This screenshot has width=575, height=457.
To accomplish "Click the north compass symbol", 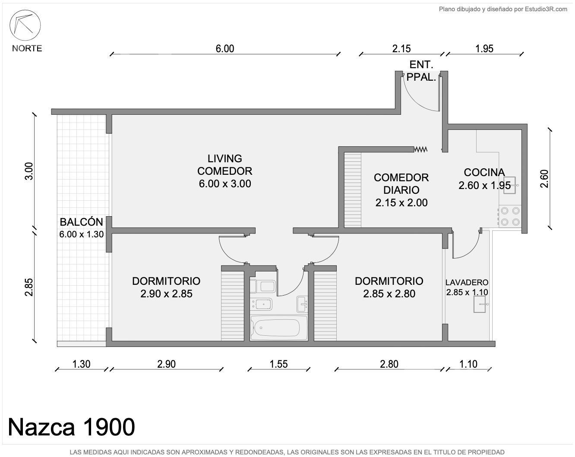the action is tap(25, 25).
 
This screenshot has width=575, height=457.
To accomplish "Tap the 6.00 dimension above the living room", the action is tap(225, 49).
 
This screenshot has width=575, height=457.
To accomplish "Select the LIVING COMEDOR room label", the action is tap(225, 165).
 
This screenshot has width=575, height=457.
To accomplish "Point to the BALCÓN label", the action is tap(81, 222).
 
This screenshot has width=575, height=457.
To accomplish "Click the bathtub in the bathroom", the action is tap(277, 328).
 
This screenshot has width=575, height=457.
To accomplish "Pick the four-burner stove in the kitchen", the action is tap(510, 216).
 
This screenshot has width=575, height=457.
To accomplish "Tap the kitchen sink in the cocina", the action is tap(510, 185).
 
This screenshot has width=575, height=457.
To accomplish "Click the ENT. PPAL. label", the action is tap(421, 71).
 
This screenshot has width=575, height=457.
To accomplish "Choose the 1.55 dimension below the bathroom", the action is tap(278, 364).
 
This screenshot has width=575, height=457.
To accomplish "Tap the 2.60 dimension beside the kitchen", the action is tap(544, 179).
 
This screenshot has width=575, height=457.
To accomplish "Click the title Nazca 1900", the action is tap(71, 427).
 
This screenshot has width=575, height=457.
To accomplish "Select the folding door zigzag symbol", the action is tap(420, 149).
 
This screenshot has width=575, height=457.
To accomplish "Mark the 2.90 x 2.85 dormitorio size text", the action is tap(166, 294).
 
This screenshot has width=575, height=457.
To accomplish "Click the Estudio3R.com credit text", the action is tap(546, 9).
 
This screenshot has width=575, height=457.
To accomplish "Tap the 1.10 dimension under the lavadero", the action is tap(468, 364).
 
